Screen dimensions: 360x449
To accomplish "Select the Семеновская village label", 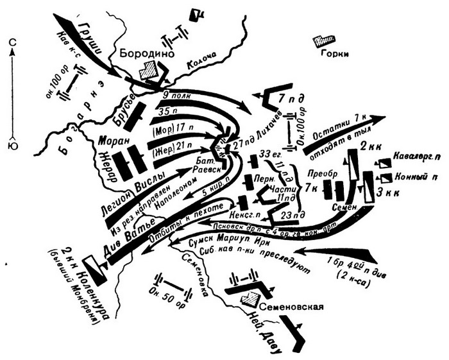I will (287, 306).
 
